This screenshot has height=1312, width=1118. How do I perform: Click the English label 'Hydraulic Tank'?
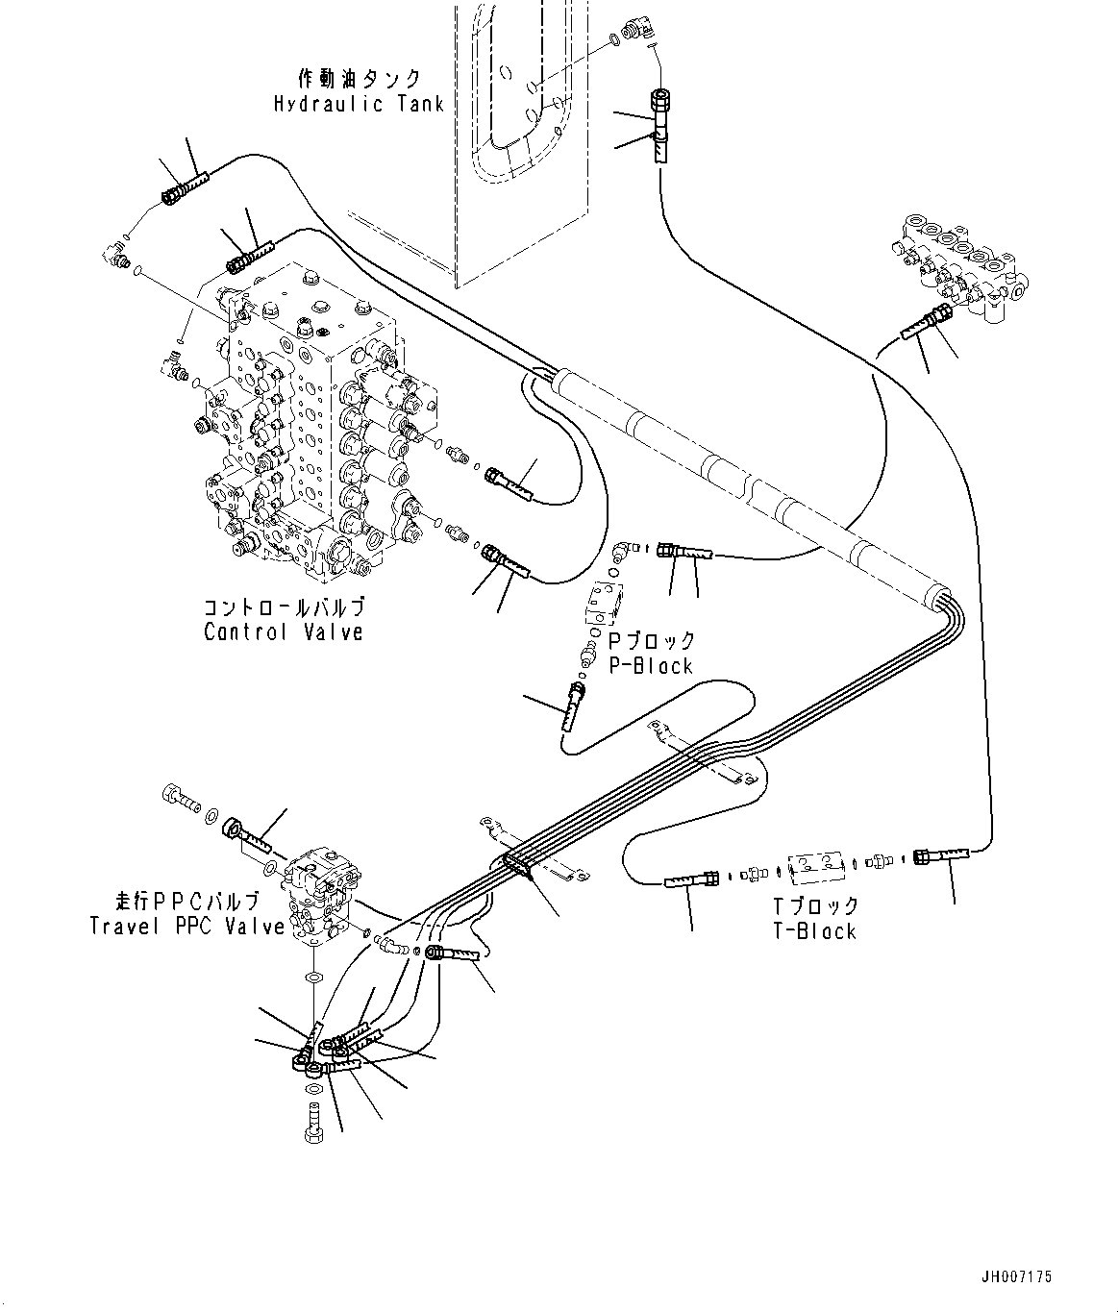(359, 104)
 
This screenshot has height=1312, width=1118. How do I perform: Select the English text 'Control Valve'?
(284, 632)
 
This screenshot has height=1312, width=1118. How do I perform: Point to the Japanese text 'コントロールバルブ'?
(285, 608)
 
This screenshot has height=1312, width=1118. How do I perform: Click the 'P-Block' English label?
(651, 665)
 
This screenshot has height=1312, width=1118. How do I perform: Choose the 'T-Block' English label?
(814, 930)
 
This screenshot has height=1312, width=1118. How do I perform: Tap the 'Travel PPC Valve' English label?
(187, 927)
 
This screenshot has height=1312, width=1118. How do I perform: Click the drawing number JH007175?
(1016, 1277)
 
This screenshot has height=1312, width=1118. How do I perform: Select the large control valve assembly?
(308, 433)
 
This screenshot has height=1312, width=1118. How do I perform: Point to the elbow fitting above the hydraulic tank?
(635, 33)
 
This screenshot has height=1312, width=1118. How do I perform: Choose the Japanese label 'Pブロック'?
(651, 641)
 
